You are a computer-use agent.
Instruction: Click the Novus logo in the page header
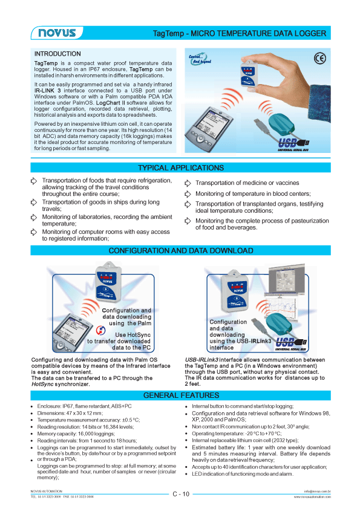click(53, 33)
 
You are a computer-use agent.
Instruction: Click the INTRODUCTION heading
click(57, 54)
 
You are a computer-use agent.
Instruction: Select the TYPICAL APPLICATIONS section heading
click(180, 167)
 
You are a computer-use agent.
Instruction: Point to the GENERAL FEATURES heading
click(180, 395)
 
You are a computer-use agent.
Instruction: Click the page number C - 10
click(180, 494)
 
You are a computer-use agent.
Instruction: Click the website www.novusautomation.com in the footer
click(312, 496)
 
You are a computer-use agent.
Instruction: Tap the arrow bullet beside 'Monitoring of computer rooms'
click(34, 232)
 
